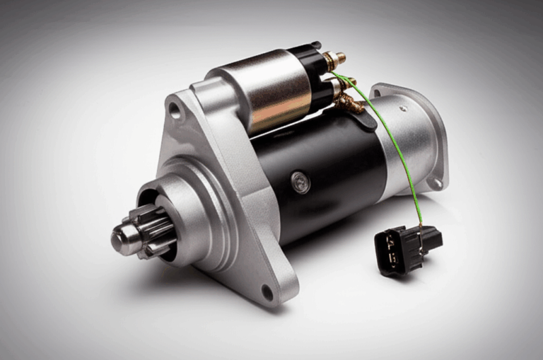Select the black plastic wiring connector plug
pyautogui.click(x=407, y=249)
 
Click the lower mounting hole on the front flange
pyautogui.click(x=267, y=290)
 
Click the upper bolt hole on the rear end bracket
pyautogui.click(x=379, y=93)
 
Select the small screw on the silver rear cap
pyautogui.click(x=404, y=110)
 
